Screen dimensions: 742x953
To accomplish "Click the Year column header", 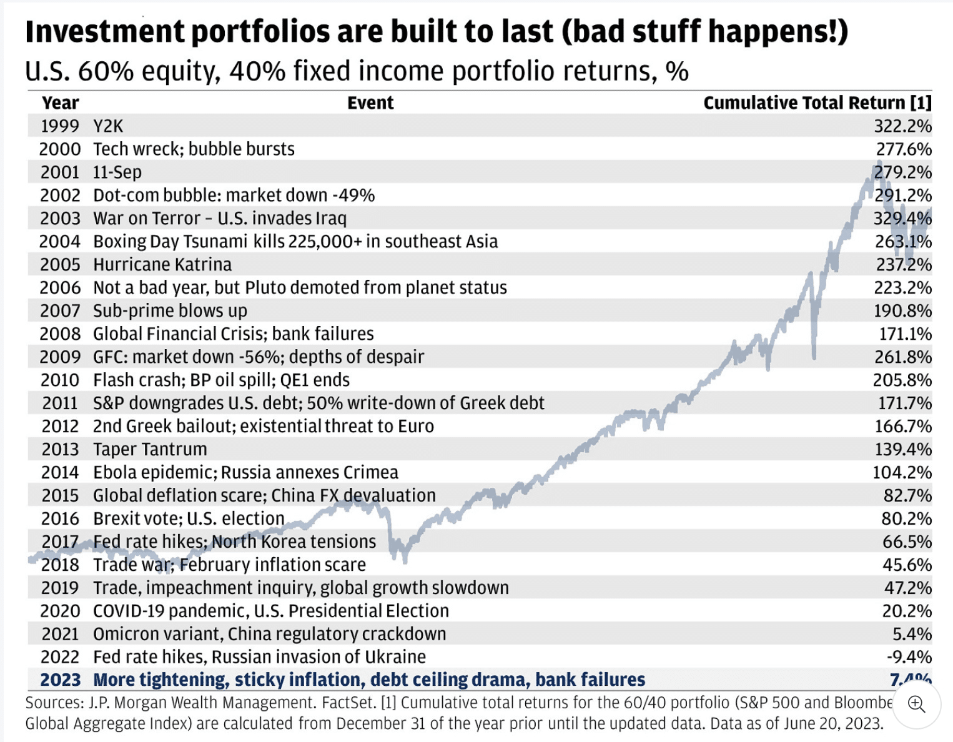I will [60, 103].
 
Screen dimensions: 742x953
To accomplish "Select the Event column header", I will [370, 103].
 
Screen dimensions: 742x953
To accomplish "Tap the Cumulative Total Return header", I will [817, 103].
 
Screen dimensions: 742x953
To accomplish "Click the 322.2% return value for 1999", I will [902, 126].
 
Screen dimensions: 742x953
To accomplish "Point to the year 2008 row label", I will [60, 334].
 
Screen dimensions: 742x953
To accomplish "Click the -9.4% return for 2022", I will [909, 657].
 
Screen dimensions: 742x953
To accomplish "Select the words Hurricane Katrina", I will [162, 265].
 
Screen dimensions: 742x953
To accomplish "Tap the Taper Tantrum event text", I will [150, 450].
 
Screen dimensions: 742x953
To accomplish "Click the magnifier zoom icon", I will [916, 705].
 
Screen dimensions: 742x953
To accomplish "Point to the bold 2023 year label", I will [61, 680].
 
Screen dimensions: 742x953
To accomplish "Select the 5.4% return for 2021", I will [912, 635].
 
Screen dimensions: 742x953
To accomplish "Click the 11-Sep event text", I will [117, 172].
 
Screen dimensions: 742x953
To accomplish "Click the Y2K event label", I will [108, 126].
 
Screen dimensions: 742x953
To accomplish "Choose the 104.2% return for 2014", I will [902, 473].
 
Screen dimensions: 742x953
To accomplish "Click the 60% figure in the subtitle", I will [106, 72].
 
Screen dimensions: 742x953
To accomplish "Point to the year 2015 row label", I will [60, 496].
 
